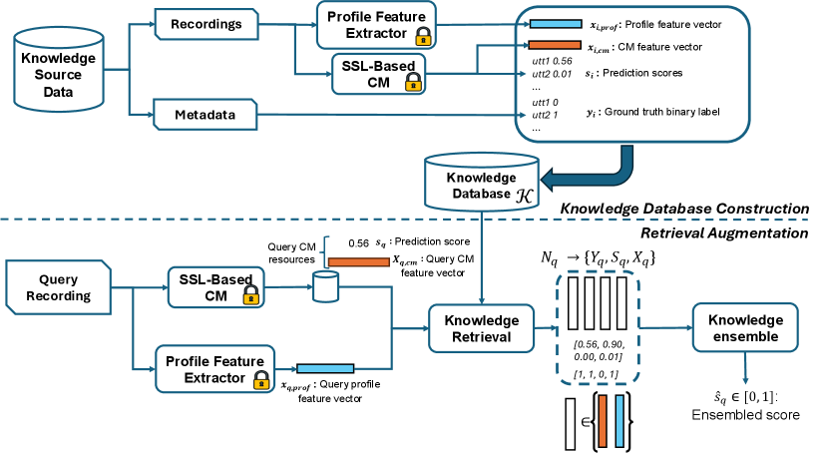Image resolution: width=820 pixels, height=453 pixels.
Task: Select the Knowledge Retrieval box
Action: [x=481, y=328]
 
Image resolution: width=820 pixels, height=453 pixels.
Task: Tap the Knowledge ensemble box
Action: [x=744, y=328]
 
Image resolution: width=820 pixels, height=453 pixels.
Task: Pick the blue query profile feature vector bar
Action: [x=325, y=368]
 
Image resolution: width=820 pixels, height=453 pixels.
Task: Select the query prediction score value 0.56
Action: [x=357, y=241]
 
